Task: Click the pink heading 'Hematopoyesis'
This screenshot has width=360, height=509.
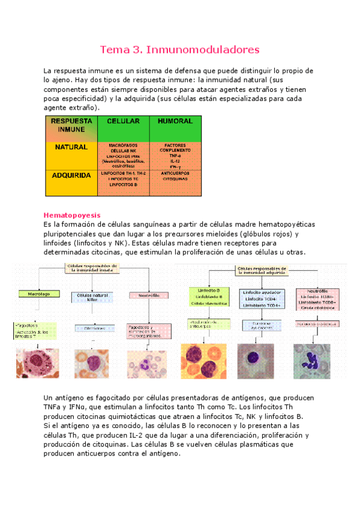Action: click(72, 215)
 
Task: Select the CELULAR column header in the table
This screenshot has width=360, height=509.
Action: click(123, 121)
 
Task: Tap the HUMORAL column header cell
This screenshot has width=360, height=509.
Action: click(175, 121)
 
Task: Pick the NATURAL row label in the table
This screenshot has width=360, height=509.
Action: click(71, 147)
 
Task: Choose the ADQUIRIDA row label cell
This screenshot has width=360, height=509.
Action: click(71, 176)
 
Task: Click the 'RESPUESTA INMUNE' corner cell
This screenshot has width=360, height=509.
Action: click(71, 125)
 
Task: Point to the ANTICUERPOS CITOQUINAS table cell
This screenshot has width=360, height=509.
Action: click(175, 176)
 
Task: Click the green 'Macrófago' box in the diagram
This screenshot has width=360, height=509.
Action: click(38, 294)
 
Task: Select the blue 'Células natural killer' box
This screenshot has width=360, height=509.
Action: click(91, 297)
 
